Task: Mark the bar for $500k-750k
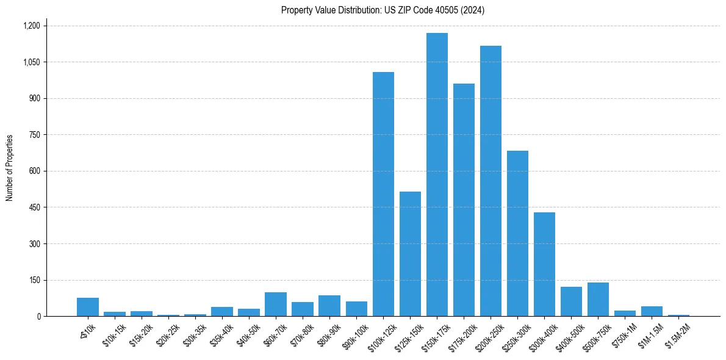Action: click(x=598, y=299)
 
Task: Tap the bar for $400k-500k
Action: click(x=571, y=301)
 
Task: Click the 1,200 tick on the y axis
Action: click(x=31, y=26)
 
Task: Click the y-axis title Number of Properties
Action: click(x=9, y=168)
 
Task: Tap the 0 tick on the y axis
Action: click(x=38, y=317)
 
